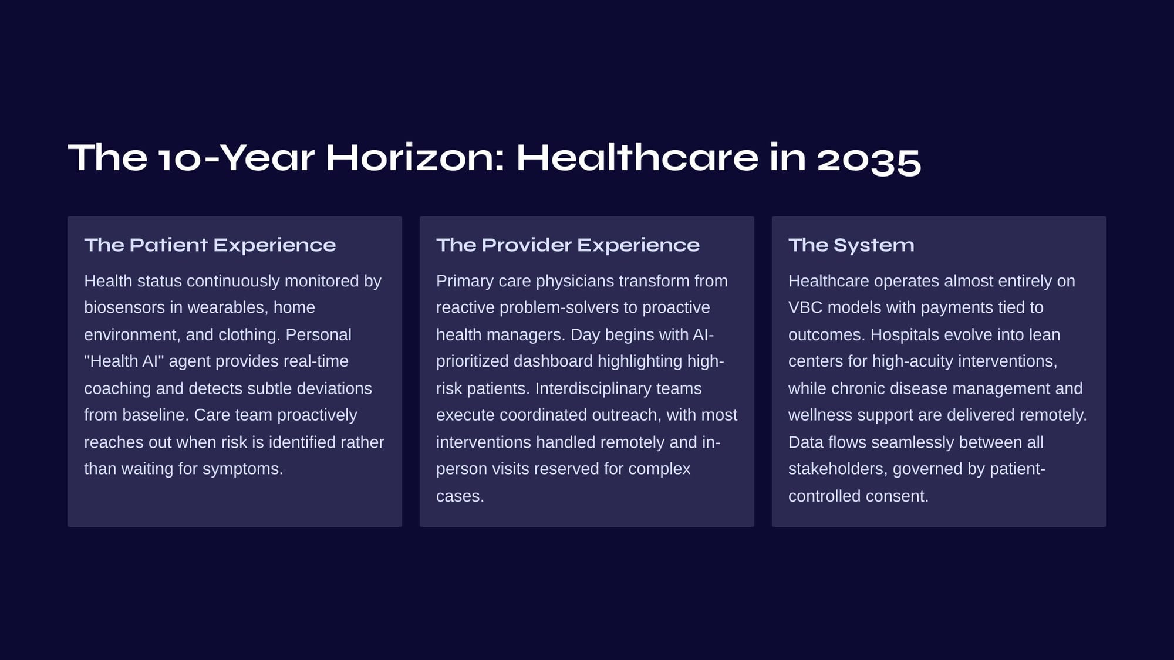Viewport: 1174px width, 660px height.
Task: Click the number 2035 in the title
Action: point(869,158)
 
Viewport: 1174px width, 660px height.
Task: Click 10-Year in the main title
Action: point(236,158)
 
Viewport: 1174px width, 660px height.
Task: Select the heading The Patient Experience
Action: point(210,245)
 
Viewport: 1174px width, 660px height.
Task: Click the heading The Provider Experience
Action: point(568,245)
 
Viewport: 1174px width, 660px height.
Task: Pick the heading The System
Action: point(851,245)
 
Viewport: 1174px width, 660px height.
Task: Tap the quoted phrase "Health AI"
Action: point(124,361)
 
